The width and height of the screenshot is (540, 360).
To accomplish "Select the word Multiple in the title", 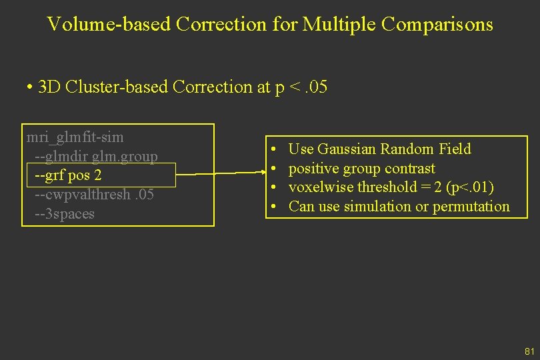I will (x=334, y=25).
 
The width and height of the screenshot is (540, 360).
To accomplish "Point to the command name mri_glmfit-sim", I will (x=75, y=138).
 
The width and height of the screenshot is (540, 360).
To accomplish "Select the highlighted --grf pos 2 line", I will (x=69, y=175).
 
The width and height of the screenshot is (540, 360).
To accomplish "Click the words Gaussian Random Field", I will (x=395, y=149).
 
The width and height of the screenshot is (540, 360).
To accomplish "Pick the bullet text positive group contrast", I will (x=361, y=169).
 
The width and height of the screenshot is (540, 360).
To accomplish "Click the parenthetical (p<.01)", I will (x=471, y=187).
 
